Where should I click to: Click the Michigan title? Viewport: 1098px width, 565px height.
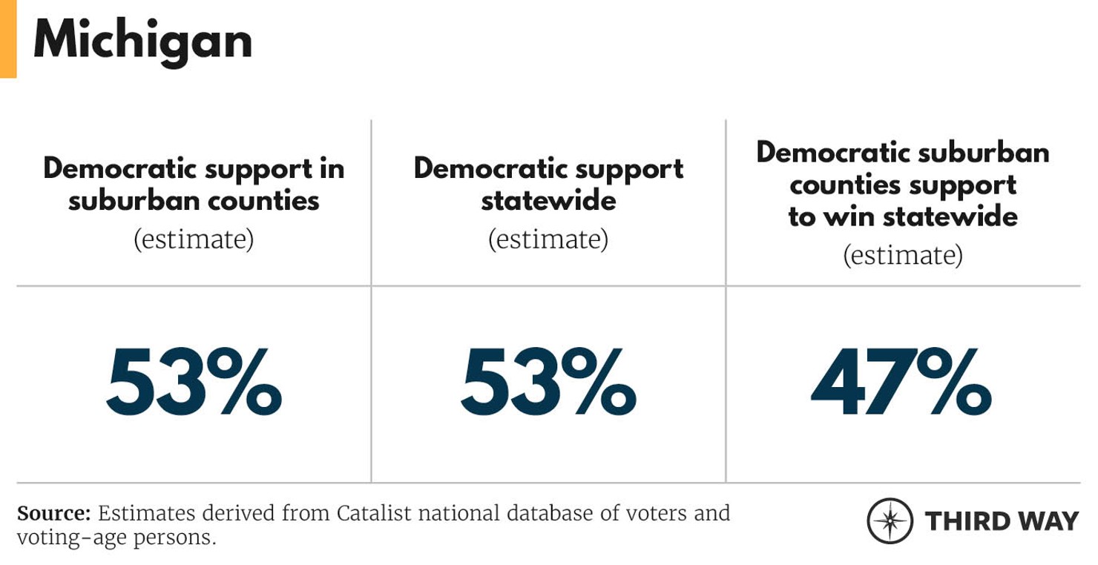142,41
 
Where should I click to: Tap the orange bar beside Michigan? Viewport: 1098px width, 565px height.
7,39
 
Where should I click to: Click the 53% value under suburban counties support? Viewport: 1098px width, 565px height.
194,384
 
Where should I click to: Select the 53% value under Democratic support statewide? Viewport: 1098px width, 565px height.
548,384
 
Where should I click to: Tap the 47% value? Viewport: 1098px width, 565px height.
901,384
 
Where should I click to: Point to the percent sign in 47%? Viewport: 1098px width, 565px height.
957,384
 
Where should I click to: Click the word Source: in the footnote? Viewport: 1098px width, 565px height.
53,513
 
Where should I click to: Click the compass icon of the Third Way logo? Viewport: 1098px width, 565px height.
890,521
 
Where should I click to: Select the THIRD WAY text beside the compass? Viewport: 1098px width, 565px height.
1002,521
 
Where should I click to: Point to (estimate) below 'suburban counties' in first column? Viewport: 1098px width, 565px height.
194,239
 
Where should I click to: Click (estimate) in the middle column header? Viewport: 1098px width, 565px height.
548,239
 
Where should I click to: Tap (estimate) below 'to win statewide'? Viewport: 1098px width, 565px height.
903,255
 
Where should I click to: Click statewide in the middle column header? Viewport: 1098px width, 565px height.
548,200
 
